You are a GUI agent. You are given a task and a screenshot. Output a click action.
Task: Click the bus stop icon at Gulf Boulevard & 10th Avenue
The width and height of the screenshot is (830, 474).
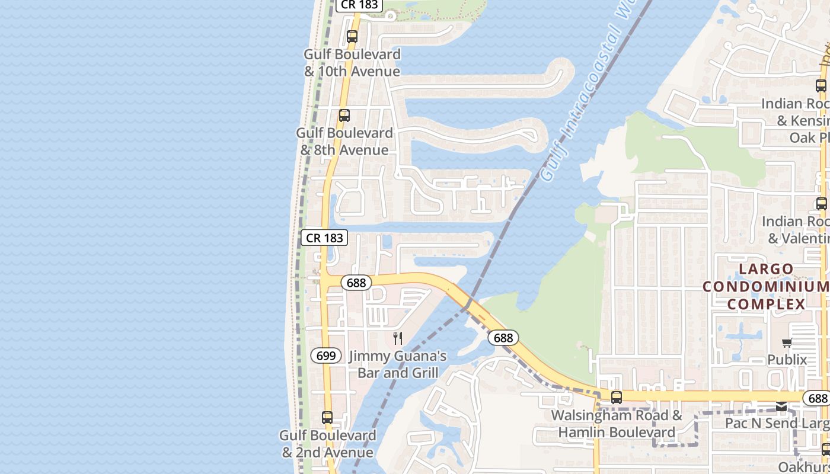coord(352,37)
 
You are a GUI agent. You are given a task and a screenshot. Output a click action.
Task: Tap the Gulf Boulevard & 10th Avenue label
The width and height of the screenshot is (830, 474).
coord(352,63)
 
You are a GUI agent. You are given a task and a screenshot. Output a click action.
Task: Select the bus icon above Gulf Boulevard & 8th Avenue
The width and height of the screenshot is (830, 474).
coord(344,116)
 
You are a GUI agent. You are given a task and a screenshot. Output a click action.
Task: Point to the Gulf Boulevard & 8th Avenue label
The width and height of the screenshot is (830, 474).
coord(344,142)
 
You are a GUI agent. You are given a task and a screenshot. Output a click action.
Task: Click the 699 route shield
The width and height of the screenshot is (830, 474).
coord(326,355)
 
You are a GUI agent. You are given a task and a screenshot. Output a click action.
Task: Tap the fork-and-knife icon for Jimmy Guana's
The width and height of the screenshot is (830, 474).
coord(398,338)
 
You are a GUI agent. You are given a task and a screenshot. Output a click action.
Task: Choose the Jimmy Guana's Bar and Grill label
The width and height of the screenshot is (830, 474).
coord(398,364)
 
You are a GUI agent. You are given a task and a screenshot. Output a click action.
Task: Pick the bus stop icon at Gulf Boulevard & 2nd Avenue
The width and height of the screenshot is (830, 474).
coord(327,418)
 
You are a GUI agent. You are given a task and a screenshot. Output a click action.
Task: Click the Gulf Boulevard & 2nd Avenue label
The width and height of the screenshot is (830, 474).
coord(328,444)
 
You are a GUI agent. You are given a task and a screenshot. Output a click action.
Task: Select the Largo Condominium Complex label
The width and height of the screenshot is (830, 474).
coord(766,287)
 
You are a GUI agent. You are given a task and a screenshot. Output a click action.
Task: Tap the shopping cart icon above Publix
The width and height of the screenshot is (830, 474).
coord(787,342)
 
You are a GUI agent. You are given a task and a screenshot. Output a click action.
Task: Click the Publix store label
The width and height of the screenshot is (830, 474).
coord(787,360)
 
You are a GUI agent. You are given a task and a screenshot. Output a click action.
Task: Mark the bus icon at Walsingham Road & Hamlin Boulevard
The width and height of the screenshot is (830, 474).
coord(617,398)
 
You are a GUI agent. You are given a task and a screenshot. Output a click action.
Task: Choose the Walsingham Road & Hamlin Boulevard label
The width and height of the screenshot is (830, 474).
coord(617,424)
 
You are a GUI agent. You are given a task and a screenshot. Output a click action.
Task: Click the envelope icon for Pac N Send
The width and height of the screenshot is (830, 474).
coord(782,406)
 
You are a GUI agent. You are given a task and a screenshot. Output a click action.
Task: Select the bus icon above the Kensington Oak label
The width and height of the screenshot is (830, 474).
coord(821,86)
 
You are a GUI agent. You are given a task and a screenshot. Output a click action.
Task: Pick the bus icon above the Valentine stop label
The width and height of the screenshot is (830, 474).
coord(821,204)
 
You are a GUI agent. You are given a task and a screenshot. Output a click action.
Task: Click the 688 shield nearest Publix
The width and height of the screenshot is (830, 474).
coord(818,398)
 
